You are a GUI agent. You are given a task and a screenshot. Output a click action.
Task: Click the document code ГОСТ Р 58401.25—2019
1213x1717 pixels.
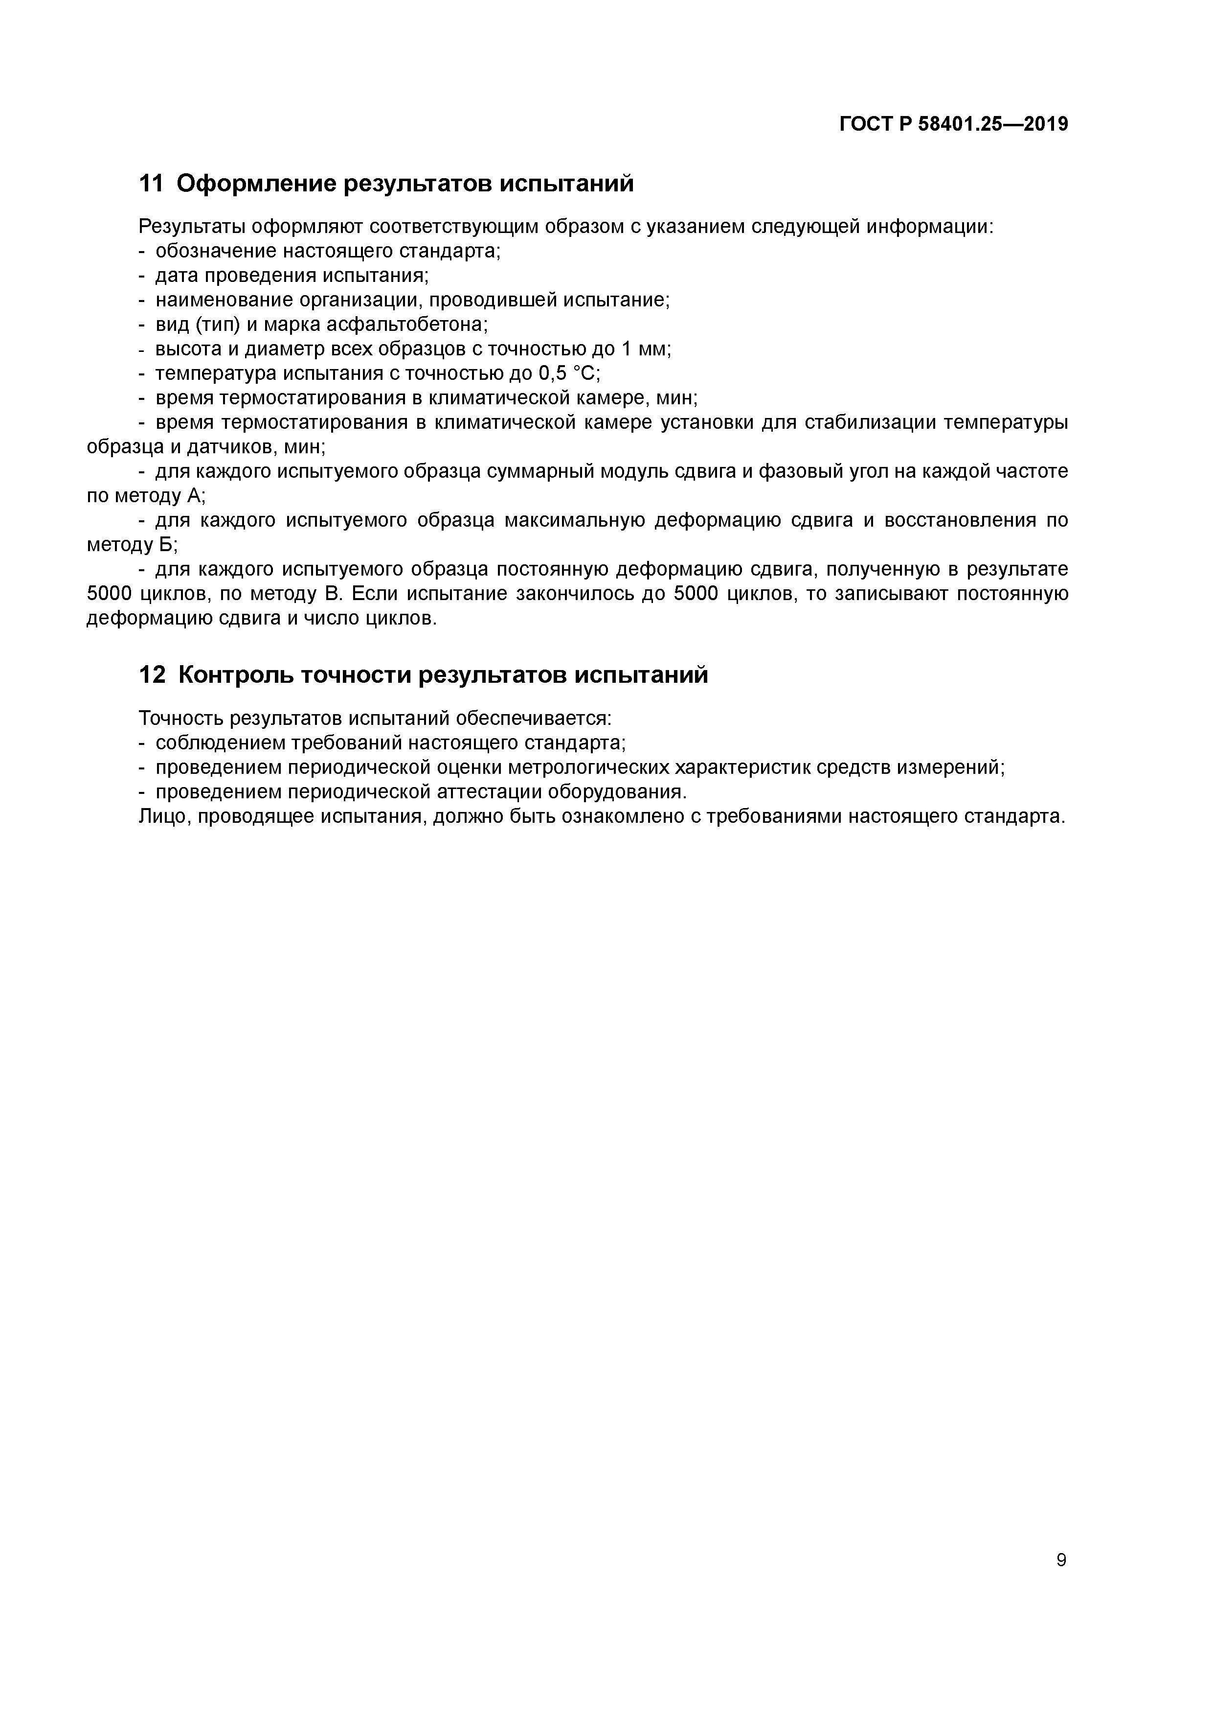[x=953, y=124]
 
